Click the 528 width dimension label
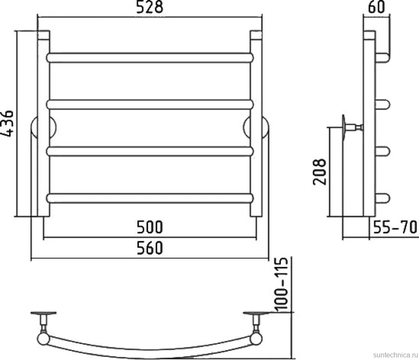[x=149, y=7]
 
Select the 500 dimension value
[x=149, y=227]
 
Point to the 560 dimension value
[x=149, y=248]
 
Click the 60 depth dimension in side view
[x=377, y=7]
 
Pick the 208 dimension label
[x=320, y=172]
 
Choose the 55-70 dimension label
[x=395, y=227]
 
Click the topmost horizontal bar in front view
[x=149, y=58]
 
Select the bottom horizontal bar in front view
[x=149, y=198]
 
